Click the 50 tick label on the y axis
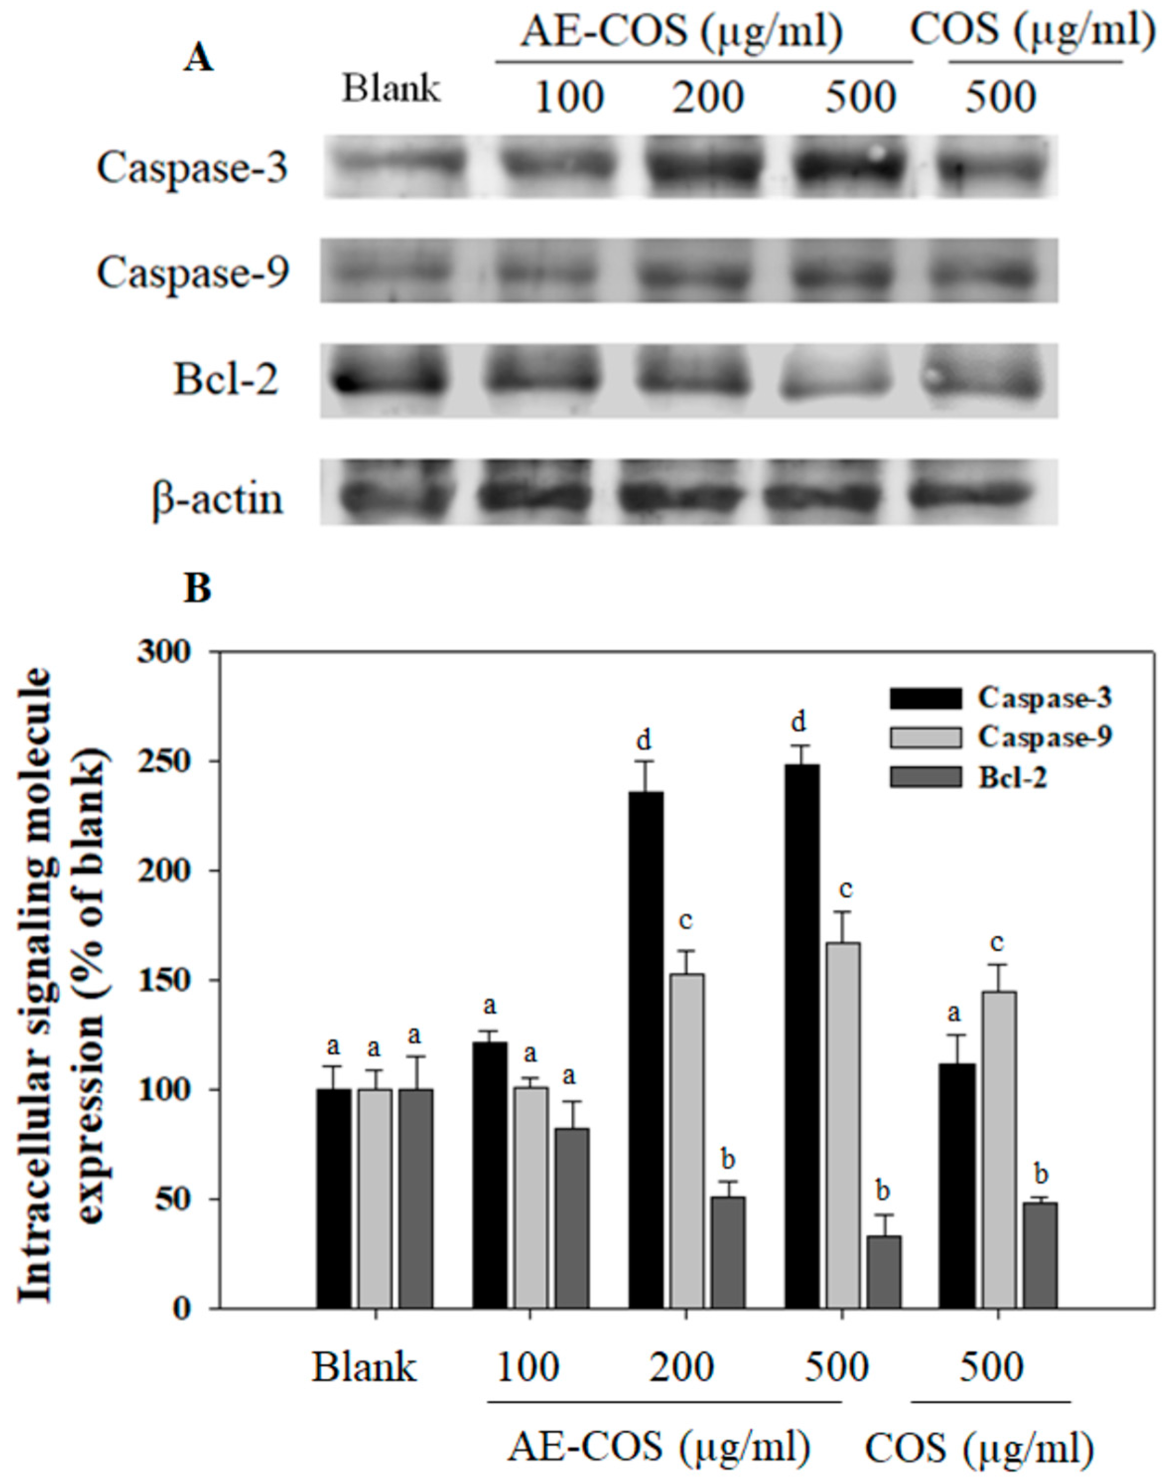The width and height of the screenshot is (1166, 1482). (x=175, y=1199)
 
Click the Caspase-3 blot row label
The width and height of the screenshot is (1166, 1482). (x=193, y=167)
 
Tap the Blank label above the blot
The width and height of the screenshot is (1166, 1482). (x=391, y=89)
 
